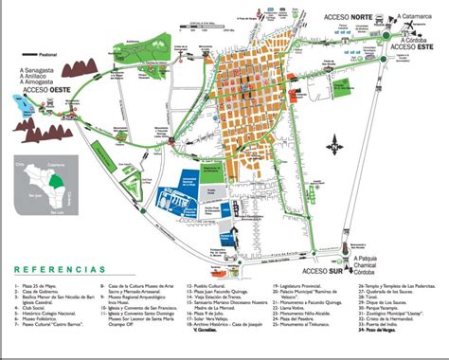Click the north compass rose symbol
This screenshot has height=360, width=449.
[x=334, y=147]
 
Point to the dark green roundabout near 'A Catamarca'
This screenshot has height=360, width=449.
[x=386, y=36]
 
